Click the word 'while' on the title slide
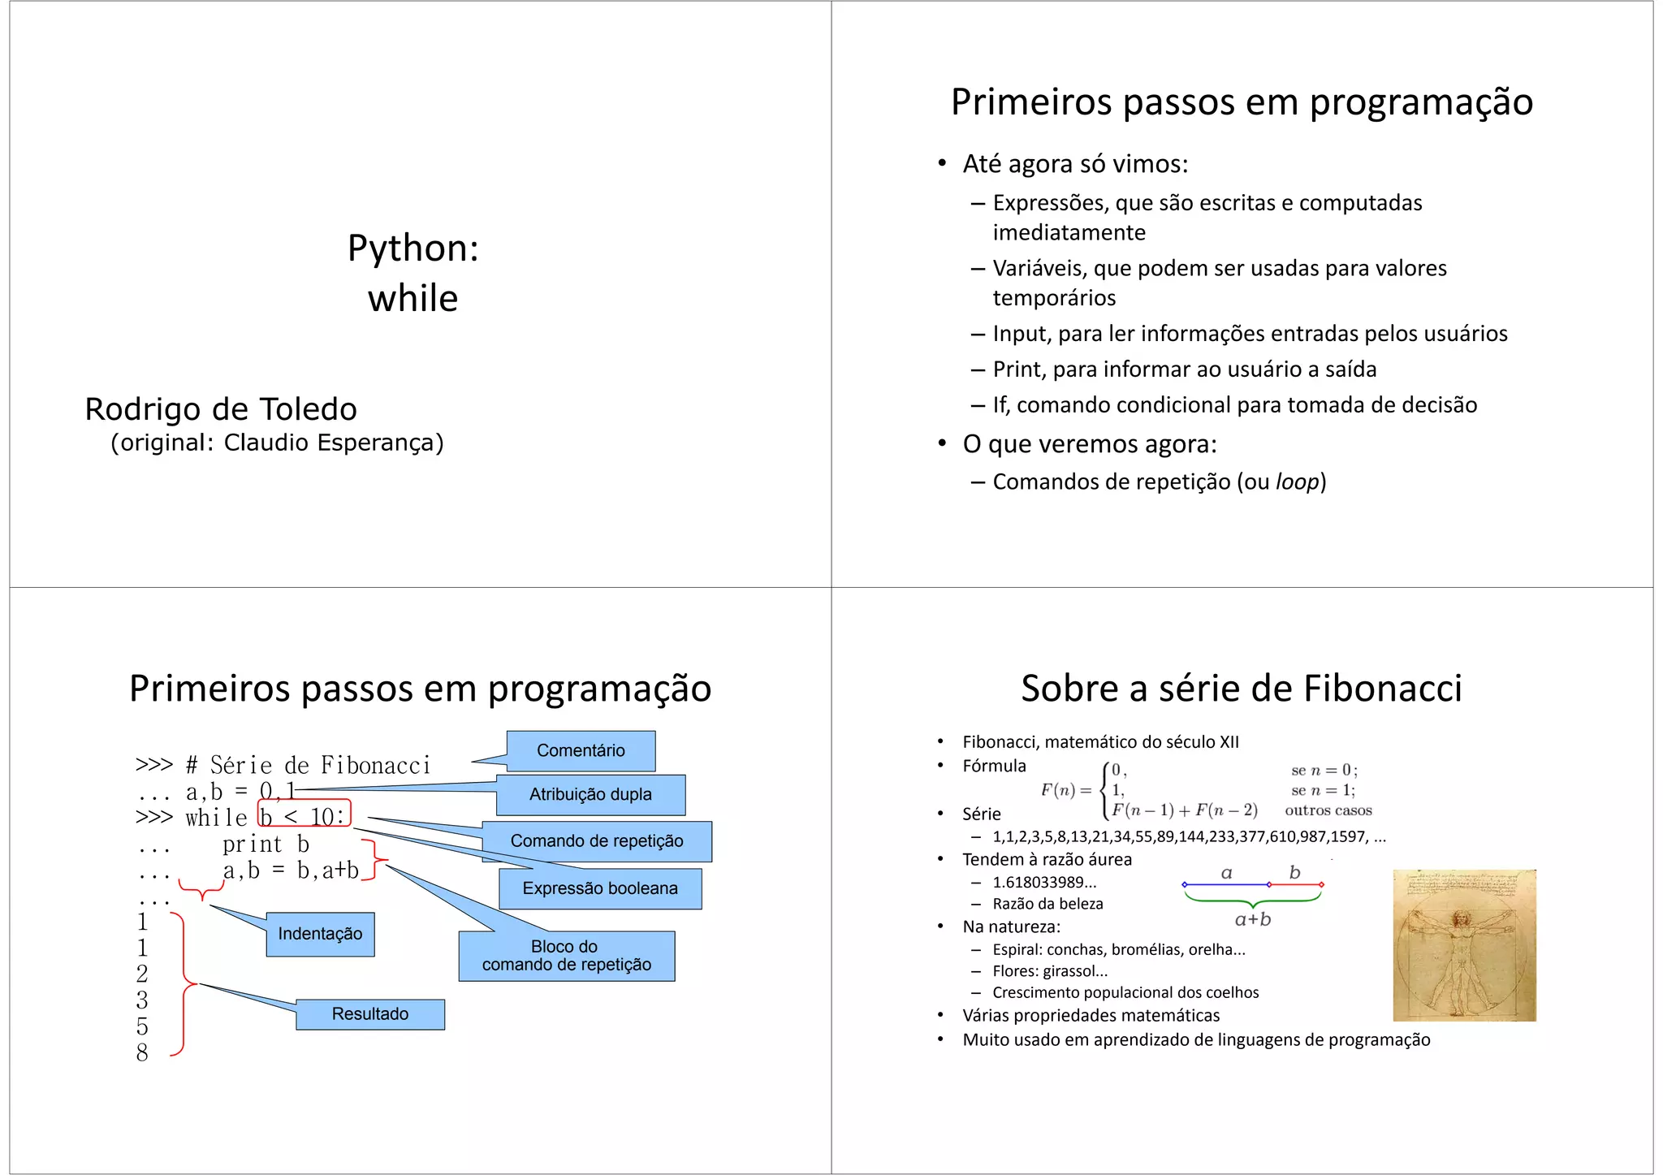coord(413,298)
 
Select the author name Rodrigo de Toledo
coord(221,409)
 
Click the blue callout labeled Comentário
coord(581,750)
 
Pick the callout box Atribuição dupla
coord(590,794)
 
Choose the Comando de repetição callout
coord(596,841)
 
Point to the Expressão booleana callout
coord(600,888)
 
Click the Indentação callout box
coord(320,934)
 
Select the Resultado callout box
coord(370,1014)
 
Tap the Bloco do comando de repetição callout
coord(566,956)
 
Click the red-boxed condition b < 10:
coord(304,815)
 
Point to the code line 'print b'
coord(266,845)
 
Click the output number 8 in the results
coord(142,1052)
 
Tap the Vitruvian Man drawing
coord(1464,945)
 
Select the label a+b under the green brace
coord(1253,919)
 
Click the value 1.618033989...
coord(1044,883)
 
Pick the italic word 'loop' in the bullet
coord(1298,482)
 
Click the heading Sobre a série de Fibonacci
coord(1242,689)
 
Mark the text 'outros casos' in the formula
coord(1328,810)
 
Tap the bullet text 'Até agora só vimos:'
coord(1075,164)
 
